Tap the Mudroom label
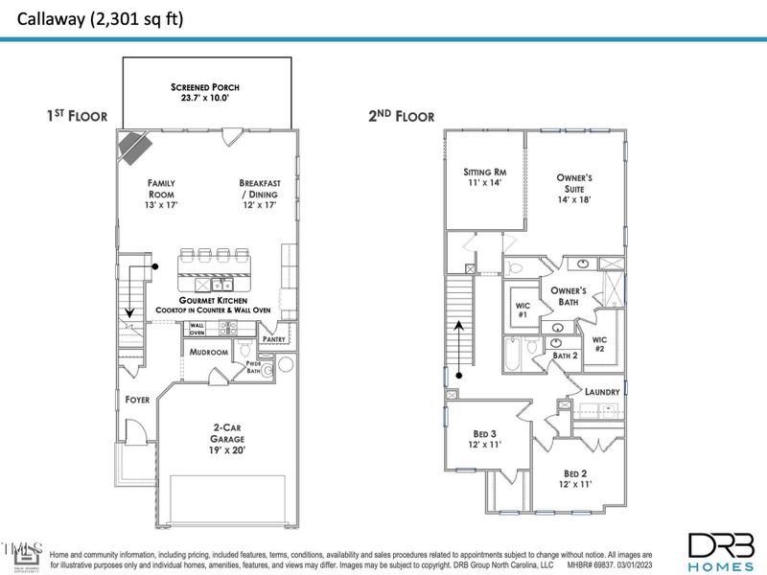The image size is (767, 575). click(x=208, y=353)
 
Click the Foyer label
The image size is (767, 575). click(x=137, y=400)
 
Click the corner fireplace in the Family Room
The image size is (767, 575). click(x=134, y=147)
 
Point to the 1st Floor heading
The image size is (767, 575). click(x=77, y=116)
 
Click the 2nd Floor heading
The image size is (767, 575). click(x=402, y=116)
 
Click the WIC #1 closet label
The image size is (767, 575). click(x=522, y=309)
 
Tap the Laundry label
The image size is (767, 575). click(x=603, y=392)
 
